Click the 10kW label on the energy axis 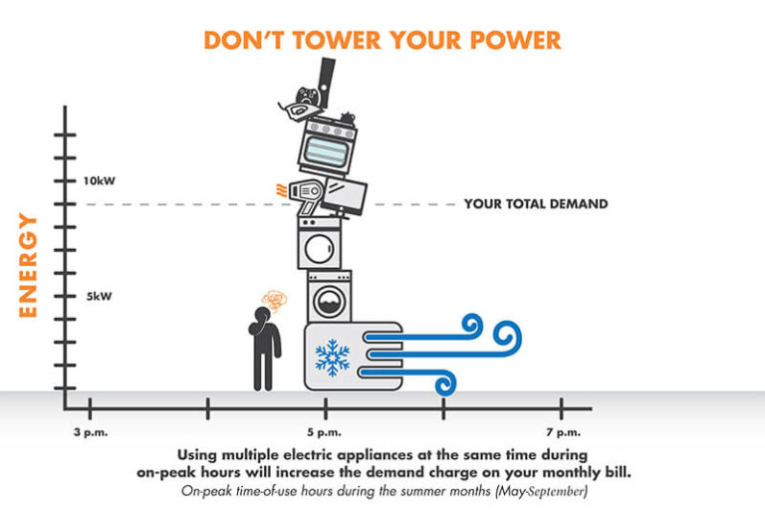tap(101, 181)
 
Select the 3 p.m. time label tap(91, 431)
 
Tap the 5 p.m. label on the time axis tap(326, 431)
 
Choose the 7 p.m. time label tap(562, 431)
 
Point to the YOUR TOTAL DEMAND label tap(535, 204)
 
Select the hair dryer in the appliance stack tap(299, 193)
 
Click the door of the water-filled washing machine tap(327, 300)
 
